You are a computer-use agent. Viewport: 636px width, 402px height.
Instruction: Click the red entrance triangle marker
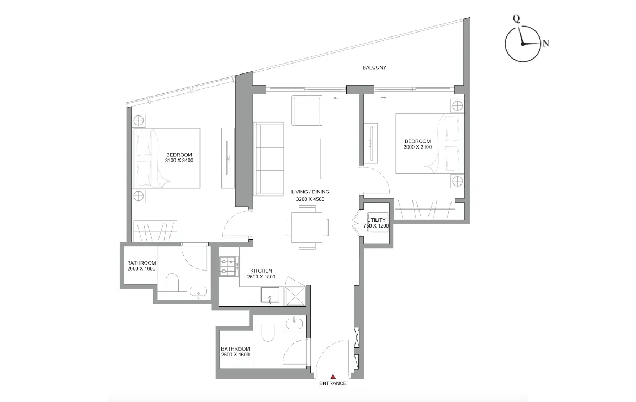pos(332,376)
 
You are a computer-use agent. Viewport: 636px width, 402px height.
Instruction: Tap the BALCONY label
pos(374,67)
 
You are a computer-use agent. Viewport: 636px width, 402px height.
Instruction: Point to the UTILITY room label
pos(376,220)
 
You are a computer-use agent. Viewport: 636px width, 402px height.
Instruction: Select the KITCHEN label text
pos(261,271)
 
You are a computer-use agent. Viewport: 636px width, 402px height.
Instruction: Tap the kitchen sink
pos(269,298)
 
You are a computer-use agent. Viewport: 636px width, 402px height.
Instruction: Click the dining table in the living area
pos(307,226)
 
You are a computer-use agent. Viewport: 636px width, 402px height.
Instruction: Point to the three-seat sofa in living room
pos(269,159)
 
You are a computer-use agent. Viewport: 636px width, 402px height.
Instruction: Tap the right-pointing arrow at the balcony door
pos(384,98)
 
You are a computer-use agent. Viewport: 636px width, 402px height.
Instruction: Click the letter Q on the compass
pos(516,18)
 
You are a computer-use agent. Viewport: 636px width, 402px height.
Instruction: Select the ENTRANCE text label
pos(332,383)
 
